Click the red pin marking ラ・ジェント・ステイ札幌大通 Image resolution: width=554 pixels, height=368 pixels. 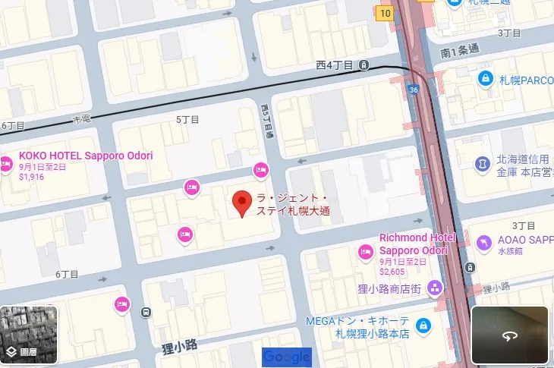tap(241, 203)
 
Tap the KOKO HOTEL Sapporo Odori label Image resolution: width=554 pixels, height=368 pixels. tap(86, 156)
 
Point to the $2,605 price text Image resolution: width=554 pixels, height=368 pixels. tap(393, 271)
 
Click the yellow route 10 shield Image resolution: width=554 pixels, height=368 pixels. tap(386, 12)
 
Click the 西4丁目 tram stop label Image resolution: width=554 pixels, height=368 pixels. tap(335, 65)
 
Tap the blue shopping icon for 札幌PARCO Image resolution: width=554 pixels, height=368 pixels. tap(483, 78)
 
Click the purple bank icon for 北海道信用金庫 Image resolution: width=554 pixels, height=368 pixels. tap(481, 163)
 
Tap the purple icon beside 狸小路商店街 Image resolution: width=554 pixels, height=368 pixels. tap(434, 288)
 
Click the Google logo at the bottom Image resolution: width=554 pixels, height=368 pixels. tap(287, 357)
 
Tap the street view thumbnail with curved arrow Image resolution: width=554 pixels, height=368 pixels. tap(509, 335)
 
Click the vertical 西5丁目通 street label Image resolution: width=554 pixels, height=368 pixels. tap(266, 121)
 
